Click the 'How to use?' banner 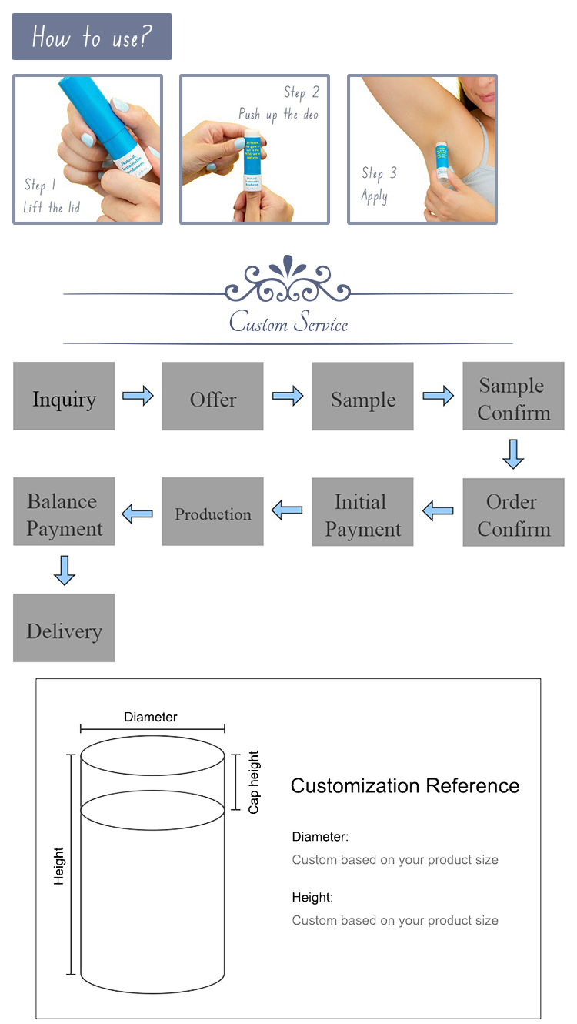click(x=92, y=36)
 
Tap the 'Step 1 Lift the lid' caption click(x=51, y=196)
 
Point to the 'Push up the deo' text click(x=278, y=115)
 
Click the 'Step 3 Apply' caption click(x=379, y=184)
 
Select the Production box click(x=212, y=513)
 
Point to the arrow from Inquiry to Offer click(x=138, y=397)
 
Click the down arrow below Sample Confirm click(x=513, y=454)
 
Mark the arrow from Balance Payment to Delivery click(x=65, y=570)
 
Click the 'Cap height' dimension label click(x=254, y=782)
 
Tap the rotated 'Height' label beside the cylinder click(x=59, y=866)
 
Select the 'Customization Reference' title click(x=405, y=786)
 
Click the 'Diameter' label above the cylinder click(x=151, y=717)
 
